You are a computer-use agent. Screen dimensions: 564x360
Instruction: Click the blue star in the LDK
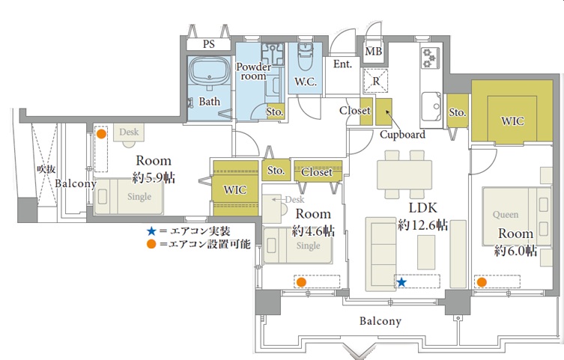coord(401,282)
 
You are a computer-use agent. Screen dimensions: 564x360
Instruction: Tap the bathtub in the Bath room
coord(210,71)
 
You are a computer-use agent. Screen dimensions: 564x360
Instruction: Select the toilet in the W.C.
coord(306,58)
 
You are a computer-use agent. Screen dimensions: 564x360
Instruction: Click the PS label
coord(209,44)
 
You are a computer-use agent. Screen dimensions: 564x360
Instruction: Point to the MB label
coord(373,52)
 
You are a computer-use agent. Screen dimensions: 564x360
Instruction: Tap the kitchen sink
coord(431,106)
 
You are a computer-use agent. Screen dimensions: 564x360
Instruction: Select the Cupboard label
coord(402,135)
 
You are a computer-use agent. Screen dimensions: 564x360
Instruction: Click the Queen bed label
coord(506,215)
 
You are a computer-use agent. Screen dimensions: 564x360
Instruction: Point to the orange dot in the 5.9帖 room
coord(102,134)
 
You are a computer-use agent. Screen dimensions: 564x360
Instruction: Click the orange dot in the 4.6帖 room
coord(301,282)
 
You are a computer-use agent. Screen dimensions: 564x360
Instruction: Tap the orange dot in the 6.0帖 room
coord(482,282)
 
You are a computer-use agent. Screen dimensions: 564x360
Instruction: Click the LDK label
coord(422,207)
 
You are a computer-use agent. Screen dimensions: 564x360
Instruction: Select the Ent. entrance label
coord(342,64)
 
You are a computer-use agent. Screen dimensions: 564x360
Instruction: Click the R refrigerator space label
coord(376,81)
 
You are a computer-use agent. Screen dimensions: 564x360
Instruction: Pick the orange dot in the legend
coord(151,244)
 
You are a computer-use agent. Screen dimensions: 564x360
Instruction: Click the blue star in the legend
coord(151,231)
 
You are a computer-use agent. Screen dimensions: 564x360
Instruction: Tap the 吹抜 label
coord(46,169)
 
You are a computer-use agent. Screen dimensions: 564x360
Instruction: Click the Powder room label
coord(254,71)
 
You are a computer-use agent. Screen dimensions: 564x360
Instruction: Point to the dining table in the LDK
coord(404,174)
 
